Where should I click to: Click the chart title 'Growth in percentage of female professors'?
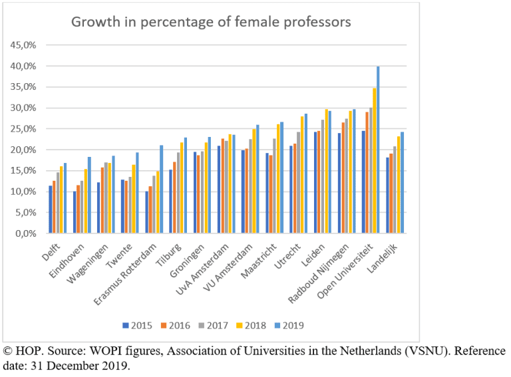pos(211,22)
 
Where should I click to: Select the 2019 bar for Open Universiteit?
pos(378,150)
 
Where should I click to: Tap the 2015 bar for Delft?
pos(51,209)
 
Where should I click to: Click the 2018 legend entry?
pos(252,326)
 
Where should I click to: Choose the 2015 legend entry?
pos(138,326)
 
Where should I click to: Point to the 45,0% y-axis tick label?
pos(22,45)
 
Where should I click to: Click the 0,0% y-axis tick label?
pos(24,234)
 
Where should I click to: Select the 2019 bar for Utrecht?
pos(306,174)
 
